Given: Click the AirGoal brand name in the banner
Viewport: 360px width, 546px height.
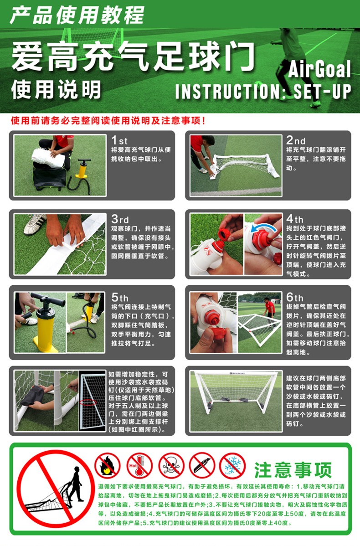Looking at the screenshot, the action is pos(319,69).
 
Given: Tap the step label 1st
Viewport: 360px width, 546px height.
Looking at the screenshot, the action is pos(119,140).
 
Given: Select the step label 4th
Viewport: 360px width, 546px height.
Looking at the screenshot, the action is pos(294,219).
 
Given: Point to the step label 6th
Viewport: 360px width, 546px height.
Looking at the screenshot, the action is pos(294,297).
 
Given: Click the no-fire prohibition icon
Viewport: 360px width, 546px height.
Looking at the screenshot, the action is pos(108,466).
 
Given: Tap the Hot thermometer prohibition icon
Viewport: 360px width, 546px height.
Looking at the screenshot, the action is pos(139,466).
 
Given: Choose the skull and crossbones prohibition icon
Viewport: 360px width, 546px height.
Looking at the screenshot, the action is pos(171,466).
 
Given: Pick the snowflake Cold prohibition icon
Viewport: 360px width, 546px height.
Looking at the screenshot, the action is pos(232,466).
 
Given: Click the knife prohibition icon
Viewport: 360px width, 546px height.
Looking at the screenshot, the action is pos(202,466).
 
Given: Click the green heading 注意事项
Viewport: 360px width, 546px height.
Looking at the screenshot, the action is pos(293,470).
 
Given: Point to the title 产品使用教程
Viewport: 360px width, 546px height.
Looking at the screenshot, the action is pos(77,15).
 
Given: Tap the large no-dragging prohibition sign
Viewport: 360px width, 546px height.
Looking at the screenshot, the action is pos(55,489).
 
